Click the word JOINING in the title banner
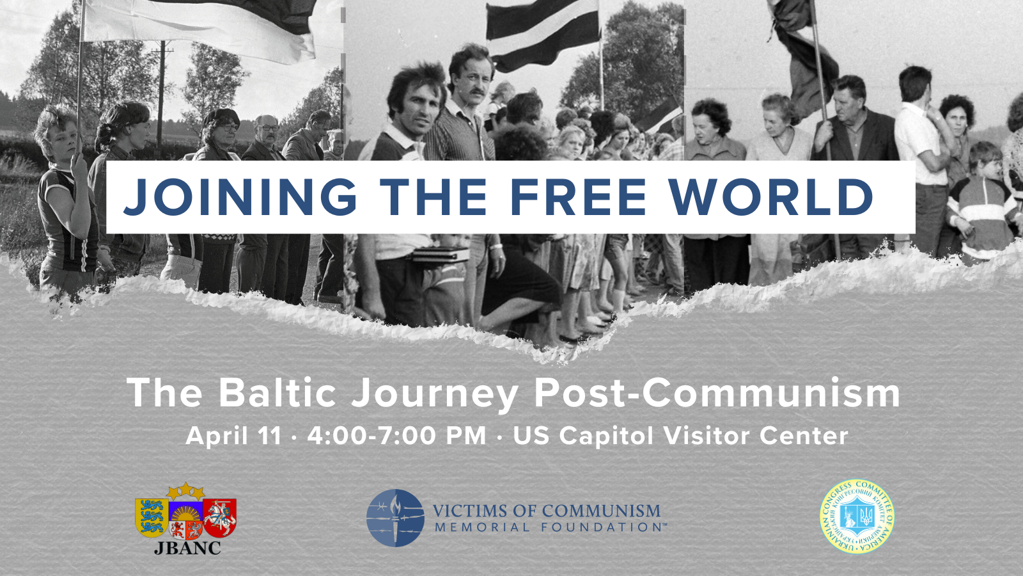point(240,197)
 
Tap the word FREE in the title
point(578,197)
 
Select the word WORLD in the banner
point(771,197)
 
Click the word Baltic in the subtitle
point(277,392)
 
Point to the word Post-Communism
point(717,392)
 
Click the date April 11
point(233,436)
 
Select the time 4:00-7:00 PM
point(396,436)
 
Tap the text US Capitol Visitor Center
point(680,436)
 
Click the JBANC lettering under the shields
point(187,548)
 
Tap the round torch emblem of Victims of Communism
point(395,518)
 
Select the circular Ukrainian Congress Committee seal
point(857,516)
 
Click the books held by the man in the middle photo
point(441,254)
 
